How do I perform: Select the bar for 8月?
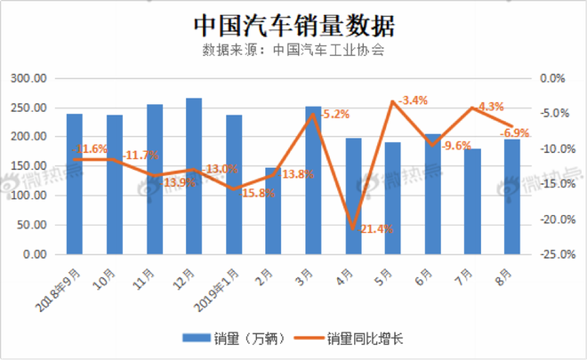[511, 196]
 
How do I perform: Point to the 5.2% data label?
[335, 115]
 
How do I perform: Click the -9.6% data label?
[457, 146]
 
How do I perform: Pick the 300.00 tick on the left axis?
[29, 78]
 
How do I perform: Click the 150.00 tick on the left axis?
[29, 166]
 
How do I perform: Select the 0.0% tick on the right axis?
[553, 78]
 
